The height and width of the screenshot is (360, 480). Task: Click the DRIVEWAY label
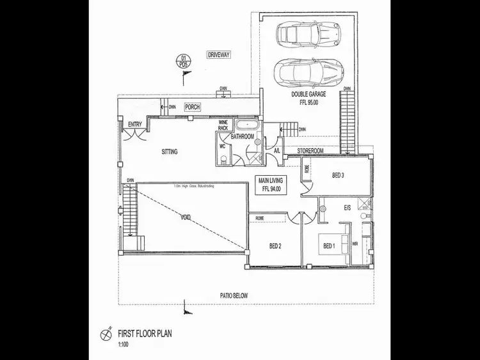(x=218, y=56)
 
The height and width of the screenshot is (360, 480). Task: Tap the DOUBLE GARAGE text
(x=308, y=94)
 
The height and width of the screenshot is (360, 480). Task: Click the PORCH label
(x=193, y=107)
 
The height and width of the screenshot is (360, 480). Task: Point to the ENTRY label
(x=135, y=124)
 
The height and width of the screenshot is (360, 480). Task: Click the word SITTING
(x=170, y=152)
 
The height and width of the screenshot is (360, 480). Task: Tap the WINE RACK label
(x=223, y=125)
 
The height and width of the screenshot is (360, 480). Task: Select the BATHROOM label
(x=243, y=137)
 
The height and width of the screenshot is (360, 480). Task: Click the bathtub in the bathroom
(x=245, y=125)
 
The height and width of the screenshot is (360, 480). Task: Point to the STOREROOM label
(x=308, y=151)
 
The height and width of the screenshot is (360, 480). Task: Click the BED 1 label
(x=328, y=246)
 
